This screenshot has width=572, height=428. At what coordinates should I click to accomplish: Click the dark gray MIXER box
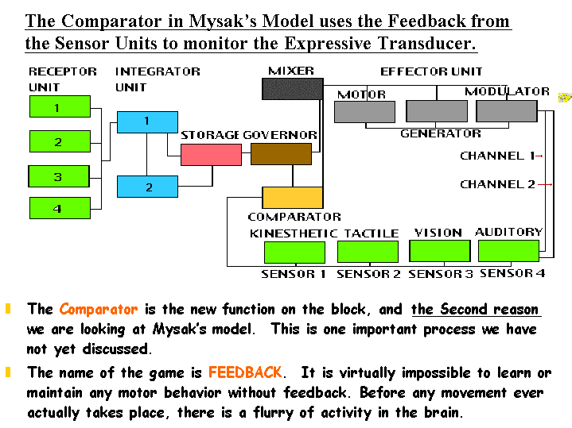[x=292, y=88]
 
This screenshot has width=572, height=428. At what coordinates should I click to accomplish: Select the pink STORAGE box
[x=211, y=154]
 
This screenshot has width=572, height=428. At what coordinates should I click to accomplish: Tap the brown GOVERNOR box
[x=281, y=154]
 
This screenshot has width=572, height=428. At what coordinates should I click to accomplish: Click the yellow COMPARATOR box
[x=292, y=197]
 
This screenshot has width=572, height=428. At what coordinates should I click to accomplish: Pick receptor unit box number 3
[x=60, y=176]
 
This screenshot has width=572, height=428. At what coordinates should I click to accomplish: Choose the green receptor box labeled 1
[x=60, y=106]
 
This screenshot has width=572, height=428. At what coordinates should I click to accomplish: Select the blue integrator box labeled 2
[x=147, y=187]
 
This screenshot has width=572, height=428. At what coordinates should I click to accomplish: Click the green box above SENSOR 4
[x=508, y=251]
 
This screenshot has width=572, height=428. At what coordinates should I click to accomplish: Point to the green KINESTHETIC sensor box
[x=294, y=253]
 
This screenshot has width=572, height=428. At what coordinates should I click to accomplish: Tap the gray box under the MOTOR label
[x=364, y=112]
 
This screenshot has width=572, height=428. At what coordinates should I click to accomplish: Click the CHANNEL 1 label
[x=497, y=156]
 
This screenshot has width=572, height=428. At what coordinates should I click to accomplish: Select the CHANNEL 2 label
[x=497, y=184]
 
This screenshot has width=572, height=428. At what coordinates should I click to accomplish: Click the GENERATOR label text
[x=440, y=133]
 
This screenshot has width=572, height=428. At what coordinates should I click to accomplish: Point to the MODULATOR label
[x=507, y=91]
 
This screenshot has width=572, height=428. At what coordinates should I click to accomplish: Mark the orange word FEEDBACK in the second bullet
[x=245, y=372]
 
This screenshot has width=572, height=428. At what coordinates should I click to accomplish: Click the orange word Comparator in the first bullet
[x=98, y=309]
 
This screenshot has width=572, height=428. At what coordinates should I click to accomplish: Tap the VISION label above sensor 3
[x=438, y=233]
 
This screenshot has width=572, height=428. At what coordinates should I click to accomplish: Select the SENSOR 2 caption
[x=368, y=275]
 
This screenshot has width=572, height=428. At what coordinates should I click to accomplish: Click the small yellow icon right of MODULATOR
[x=565, y=98]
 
